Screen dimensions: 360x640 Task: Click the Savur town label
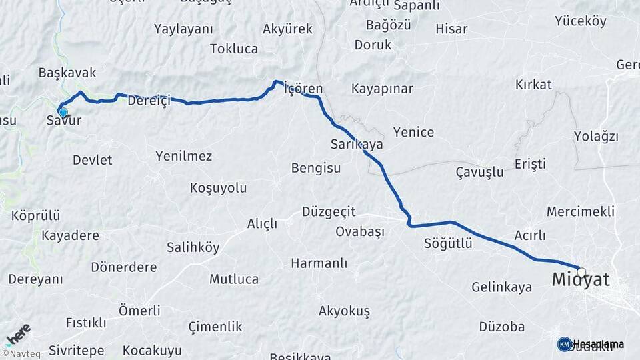tap(64, 121)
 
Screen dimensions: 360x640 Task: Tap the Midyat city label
tap(581, 281)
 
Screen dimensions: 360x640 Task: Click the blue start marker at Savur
tap(63, 112)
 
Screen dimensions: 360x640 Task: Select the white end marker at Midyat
tap(582, 272)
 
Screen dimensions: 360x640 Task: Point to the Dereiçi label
tap(149, 101)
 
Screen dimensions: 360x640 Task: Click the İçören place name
tap(303, 89)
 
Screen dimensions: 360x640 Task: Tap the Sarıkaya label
tap(357, 144)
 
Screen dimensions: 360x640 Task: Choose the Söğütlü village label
tap(448, 243)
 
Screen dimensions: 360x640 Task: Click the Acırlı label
tap(530, 235)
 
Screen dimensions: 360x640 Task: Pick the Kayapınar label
tap(383, 89)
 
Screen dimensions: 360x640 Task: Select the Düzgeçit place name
tap(329, 211)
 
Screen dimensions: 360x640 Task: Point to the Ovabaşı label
tap(361, 231)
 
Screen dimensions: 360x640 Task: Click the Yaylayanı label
tap(183, 29)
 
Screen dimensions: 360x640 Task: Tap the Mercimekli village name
tap(580, 211)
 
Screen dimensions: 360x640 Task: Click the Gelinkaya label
tap(501, 287)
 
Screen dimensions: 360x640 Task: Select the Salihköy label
tap(193, 247)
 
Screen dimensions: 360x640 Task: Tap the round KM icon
tap(565, 344)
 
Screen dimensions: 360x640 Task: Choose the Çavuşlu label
tap(479, 172)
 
